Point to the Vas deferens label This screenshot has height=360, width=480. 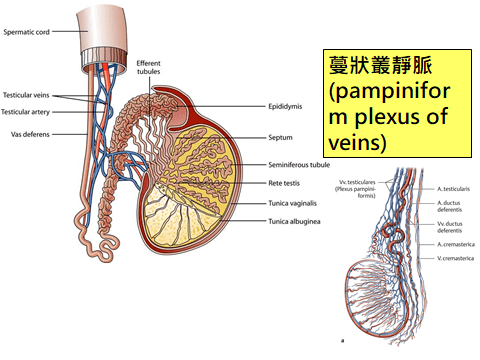click(x=28, y=133)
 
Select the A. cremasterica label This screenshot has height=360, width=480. click(x=455, y=243)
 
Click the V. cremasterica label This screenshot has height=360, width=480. click(x=455, y=258)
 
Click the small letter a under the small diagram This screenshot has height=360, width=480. click(x=343, y=342)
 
